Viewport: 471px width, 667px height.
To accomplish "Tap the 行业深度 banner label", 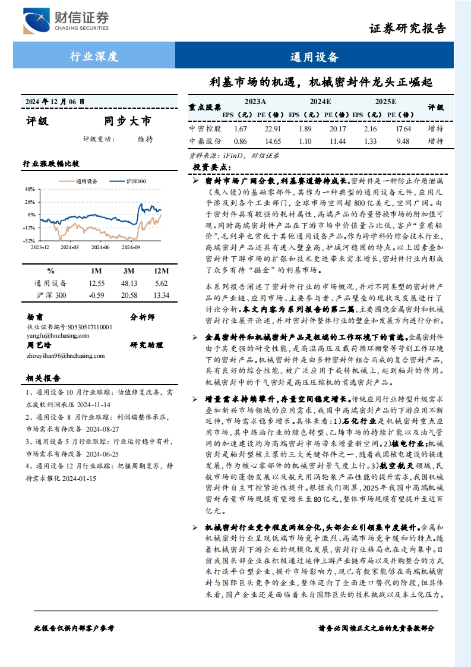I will pyautogui.click(x=94, y=57).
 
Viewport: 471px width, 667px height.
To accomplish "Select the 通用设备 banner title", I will pyautogui.click(x=314, y=57).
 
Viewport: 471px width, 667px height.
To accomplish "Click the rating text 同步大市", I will pyautogui.click(x=128, y=121).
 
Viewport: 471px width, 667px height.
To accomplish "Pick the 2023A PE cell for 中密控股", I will pyautogui.click(x=273, y=128).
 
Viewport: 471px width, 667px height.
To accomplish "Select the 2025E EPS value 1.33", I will pyautogui.click(x=370, y=141).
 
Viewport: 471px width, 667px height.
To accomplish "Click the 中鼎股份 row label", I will pyautogui.click(x=205, y=141).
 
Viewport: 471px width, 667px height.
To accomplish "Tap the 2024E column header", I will pyautogui.click(x=321, y=102).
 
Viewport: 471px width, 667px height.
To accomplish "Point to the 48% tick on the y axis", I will pyautogui.click(x=30, y=189).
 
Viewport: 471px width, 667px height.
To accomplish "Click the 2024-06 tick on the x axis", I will pyautogui.click(x=101, y=246).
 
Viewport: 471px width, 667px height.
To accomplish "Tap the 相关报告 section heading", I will pyautogui.click(x=43, y=377).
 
